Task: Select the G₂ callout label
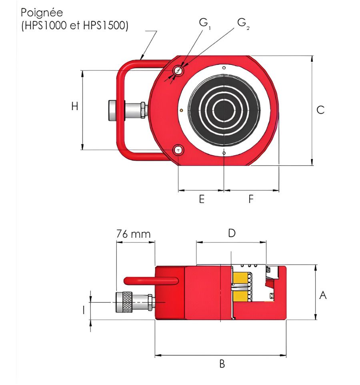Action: (242, 23)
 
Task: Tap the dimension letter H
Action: (74, 106)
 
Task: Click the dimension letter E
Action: (202, 199)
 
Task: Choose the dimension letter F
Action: (251, 199)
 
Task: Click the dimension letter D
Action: (231, 233)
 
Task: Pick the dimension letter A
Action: (323, 295)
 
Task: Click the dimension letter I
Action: (84, 309)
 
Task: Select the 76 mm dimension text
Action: (134, 234)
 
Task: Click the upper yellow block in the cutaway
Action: (240, 277)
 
